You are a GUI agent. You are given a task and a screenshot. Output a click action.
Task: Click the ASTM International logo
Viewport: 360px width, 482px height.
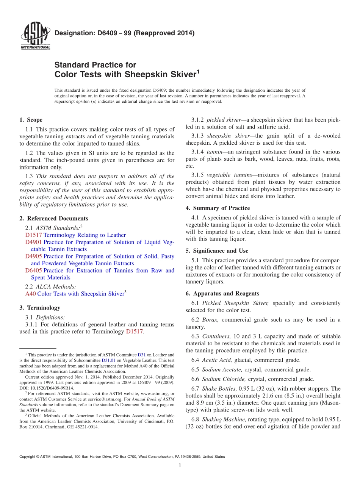tap(35, 37)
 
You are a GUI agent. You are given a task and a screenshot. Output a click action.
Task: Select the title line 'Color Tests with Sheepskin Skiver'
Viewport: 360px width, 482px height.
tap(125, 74)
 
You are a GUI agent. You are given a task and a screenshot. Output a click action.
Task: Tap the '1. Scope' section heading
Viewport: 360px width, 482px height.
tap(31, 120)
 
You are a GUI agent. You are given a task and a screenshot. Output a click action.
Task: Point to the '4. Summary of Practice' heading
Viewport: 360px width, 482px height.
tap(218, 208)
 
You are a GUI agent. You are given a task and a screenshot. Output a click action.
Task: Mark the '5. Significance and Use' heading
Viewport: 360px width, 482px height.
tap(217, 251)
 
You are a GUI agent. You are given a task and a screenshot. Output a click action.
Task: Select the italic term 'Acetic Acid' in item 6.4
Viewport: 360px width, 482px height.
tap(217, 360)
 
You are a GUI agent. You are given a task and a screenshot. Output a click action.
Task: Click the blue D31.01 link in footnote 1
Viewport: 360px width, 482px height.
tap(108, 360)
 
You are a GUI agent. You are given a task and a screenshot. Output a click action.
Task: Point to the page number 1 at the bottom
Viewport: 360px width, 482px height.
tap(180, 465)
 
